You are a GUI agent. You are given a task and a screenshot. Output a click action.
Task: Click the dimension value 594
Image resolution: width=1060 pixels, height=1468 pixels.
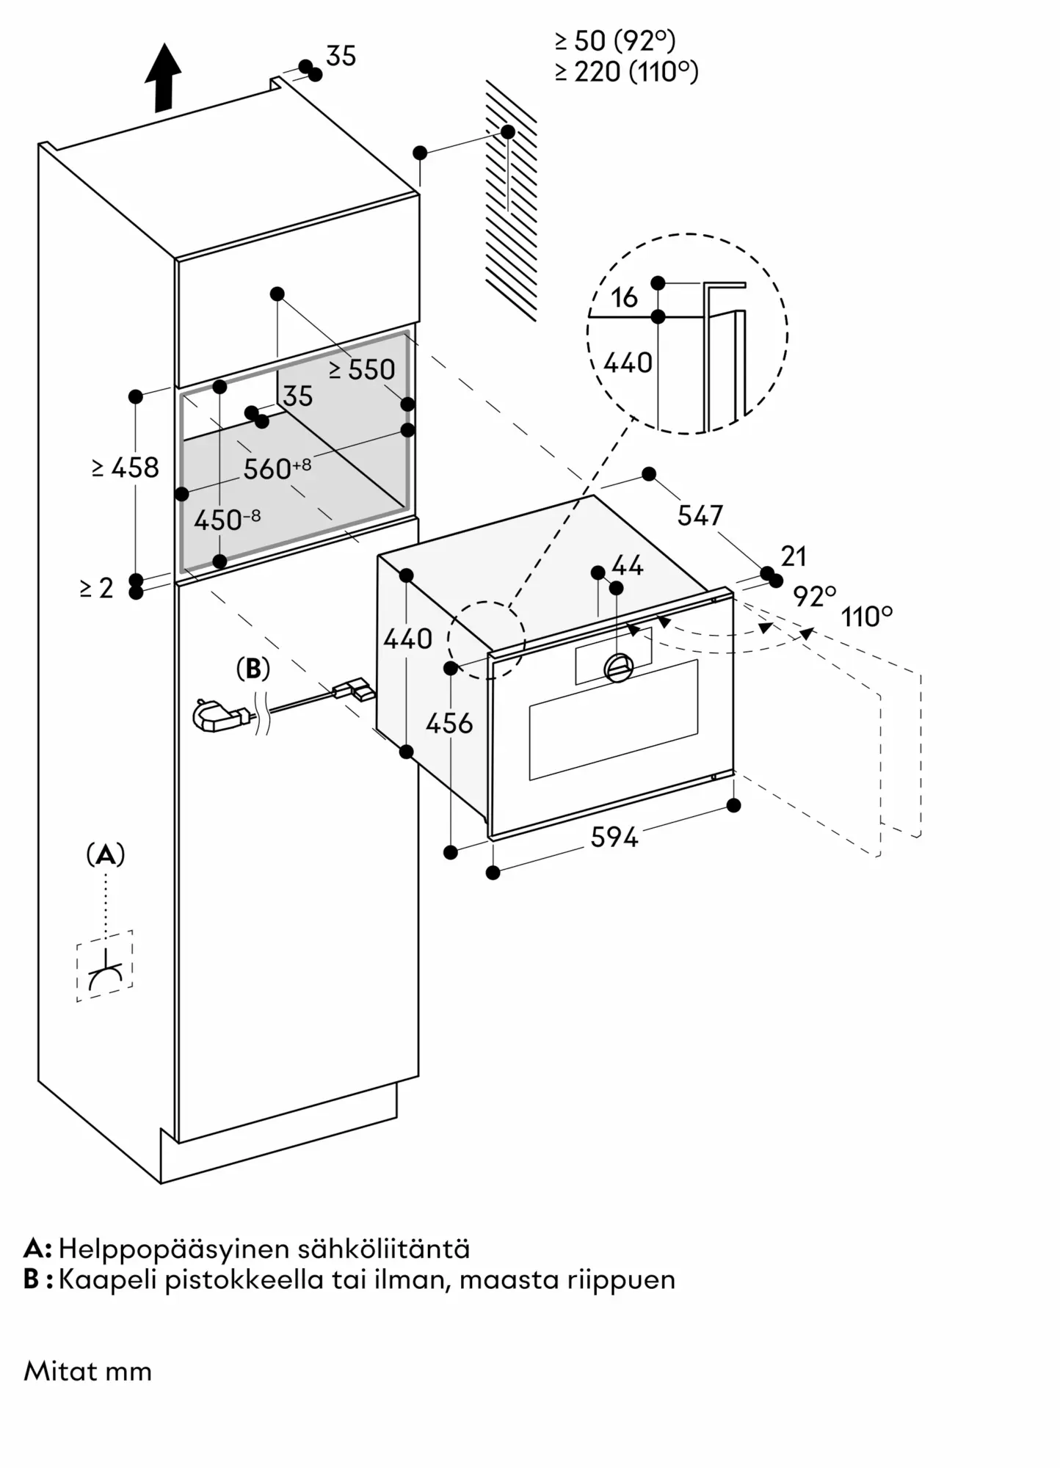tap(614, 837)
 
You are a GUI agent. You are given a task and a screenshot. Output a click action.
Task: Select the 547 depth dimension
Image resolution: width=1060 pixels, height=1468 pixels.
tap(700, 515)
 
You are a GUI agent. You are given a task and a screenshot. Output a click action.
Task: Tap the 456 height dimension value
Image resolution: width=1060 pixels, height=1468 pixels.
tap(449, 724)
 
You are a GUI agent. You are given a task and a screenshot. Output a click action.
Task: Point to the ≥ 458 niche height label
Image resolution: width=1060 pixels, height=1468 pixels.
tap(126, 468)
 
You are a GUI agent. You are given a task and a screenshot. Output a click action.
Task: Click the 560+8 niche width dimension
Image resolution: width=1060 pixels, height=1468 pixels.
tap(277, 468)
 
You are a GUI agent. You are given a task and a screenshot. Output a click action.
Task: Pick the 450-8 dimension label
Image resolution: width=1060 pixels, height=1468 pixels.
tap(227, 520)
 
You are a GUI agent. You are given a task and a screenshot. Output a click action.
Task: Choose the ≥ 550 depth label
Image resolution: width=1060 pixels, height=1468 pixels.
tap(362, 369)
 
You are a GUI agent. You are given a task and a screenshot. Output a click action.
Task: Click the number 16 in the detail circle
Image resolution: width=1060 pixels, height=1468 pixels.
tap(624, 297)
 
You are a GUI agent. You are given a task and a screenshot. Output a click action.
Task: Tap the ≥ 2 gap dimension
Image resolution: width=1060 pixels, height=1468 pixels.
tap(97, 588)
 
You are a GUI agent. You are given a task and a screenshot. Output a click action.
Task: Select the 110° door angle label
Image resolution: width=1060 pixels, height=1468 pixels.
tap(867, 617)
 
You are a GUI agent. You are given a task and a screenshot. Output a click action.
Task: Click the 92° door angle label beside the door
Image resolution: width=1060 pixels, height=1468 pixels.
tap(814, 597)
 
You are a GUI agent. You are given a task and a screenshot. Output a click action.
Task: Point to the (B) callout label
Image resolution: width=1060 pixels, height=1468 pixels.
tap(253, 669)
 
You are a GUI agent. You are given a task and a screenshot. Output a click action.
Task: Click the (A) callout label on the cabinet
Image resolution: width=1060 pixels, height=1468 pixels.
tap(106, 855)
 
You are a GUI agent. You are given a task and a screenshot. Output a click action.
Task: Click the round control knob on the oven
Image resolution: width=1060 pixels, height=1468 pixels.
tap(618, 666)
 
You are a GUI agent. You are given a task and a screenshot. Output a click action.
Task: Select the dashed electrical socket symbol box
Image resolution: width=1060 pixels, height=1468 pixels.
tap(105, 966)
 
